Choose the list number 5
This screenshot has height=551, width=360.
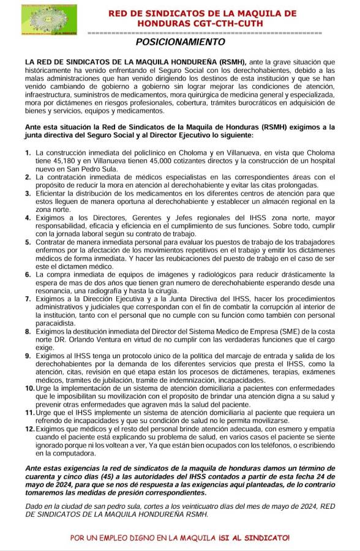(x=28, y=242)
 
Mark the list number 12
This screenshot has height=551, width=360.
(x=29, y=430)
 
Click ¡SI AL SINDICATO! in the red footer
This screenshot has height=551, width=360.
(x=252, y=537)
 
